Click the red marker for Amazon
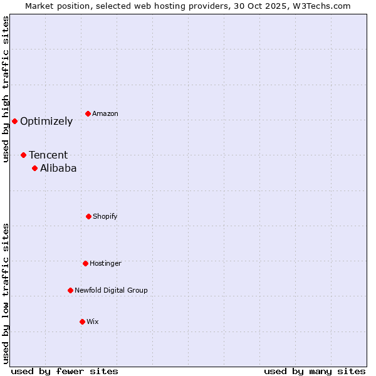[x=88, y=113]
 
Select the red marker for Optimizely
[x=14, y=121]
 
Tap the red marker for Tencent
[x=23, y=155]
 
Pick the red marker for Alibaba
[x=34, y=168]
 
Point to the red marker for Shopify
[x=88, y=216]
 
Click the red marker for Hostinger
[x=85, y=263]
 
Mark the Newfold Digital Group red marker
[x=70, y=290]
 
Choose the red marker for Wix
[x=82, y=321]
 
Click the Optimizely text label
[x=46, y=122]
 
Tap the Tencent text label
[x=48, y=155]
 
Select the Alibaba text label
[x=58, y=168]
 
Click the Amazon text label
[x=105, y=113]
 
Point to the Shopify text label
[x=105, y=216]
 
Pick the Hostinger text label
[x=105, y=263]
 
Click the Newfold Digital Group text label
[x=111, y=290]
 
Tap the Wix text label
[x=93, y=321]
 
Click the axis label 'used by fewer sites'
[x=65, y=371]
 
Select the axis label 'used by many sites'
[x=315, y=371]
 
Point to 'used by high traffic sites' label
[x=6, y=89]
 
